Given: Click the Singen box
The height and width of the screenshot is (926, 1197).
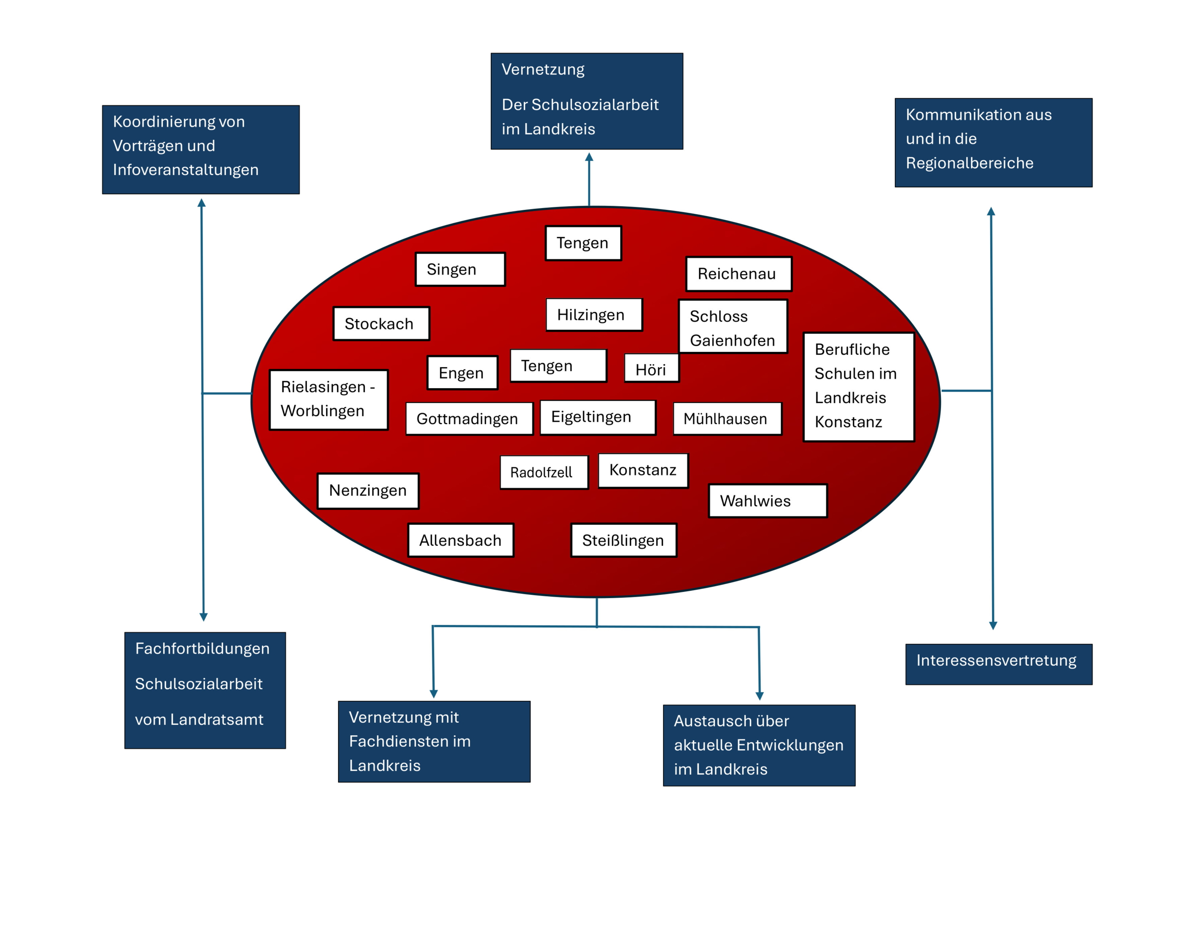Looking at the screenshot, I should pos(460,269).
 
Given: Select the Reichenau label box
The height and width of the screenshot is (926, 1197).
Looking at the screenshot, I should pos(738,274).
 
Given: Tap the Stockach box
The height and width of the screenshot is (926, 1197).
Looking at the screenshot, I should pos(381,324).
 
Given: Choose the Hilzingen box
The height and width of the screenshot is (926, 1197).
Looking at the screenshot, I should pos(594,315).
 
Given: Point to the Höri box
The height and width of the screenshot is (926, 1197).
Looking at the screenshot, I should pos(651,368).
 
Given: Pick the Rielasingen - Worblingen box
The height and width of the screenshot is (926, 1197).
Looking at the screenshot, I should pos(328,399).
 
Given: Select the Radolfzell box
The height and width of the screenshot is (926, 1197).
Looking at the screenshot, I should pos(543,472).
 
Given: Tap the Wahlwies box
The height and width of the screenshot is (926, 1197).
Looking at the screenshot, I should pos(768,501).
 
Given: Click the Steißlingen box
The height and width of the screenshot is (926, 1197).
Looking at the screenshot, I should pos(623,540).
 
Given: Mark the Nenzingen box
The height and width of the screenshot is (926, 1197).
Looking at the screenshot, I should pos(368,490).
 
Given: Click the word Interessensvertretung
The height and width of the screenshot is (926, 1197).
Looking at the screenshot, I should pos(996,660).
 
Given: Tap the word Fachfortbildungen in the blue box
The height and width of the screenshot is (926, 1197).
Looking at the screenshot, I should pos(202,648).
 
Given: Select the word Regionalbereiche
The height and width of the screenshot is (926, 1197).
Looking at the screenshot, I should pos(969,163).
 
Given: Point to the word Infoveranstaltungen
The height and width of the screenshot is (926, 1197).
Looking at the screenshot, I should pos(185,170).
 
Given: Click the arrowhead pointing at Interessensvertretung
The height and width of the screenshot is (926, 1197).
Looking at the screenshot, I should pos(993,625).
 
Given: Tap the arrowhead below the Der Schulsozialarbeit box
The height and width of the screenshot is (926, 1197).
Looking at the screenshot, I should pos(589,157).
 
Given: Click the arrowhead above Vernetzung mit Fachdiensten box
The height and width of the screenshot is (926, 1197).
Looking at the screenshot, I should pos(433,694).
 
